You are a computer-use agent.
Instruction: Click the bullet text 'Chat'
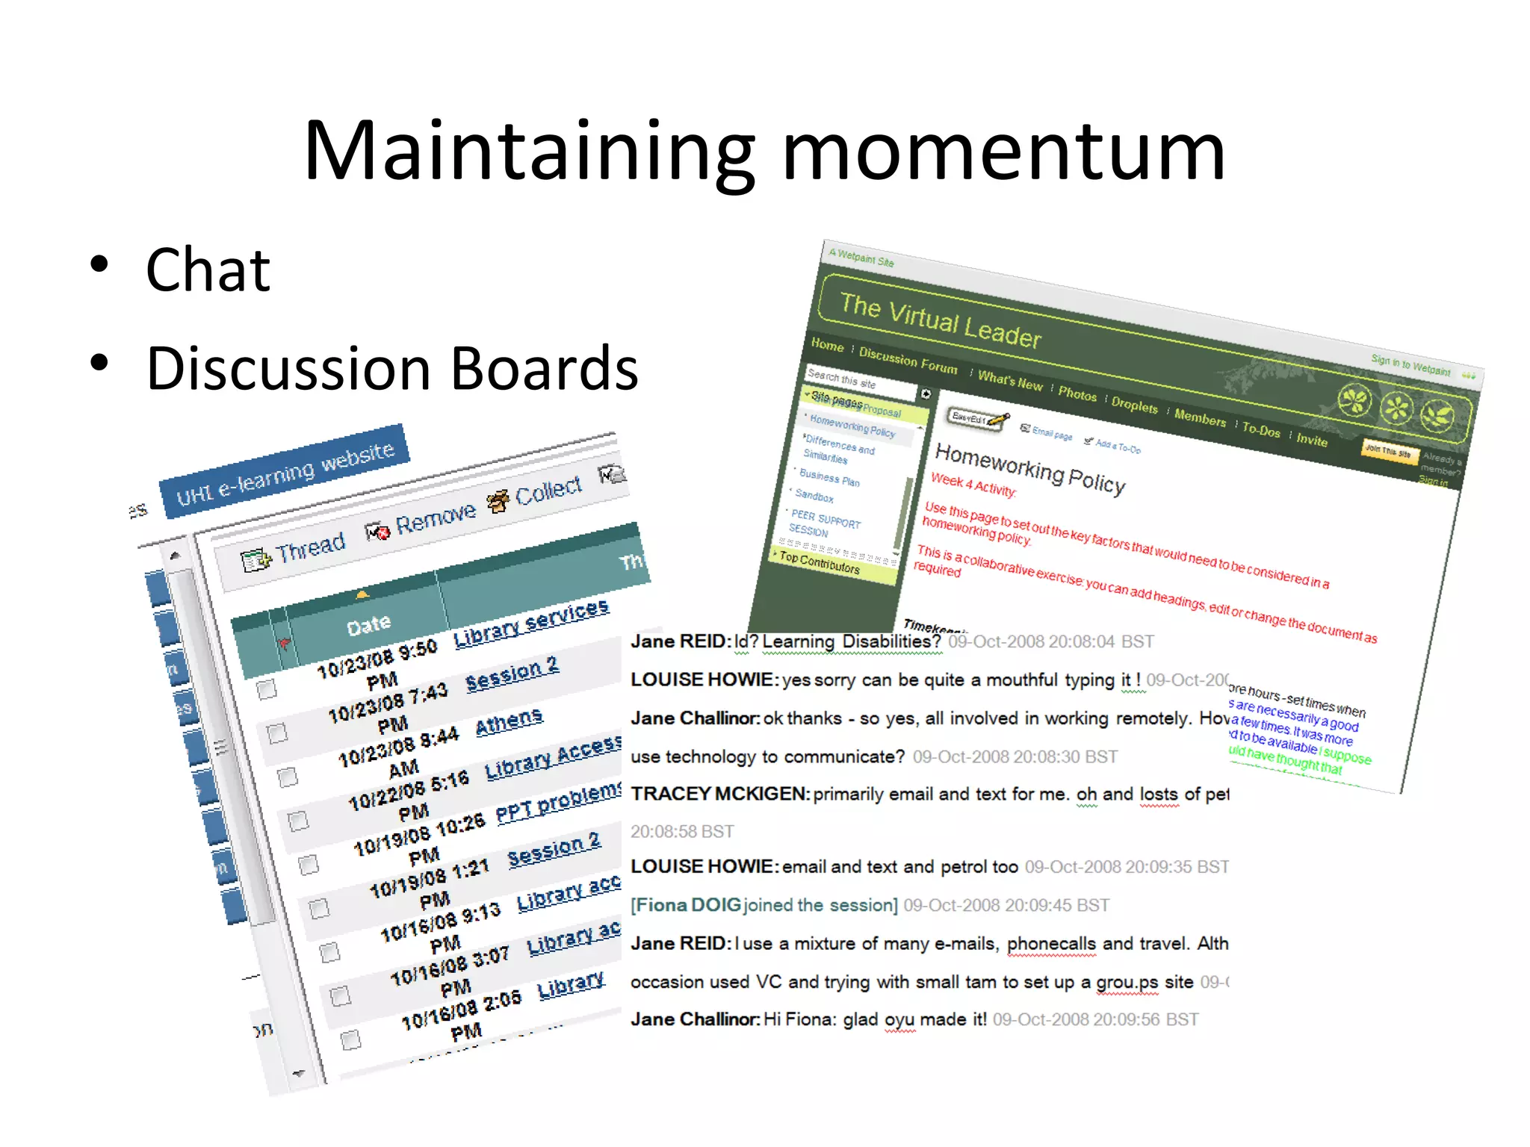point(208,270)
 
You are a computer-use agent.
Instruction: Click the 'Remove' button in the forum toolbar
point(435,517)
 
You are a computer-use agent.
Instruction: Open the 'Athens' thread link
point(509,721)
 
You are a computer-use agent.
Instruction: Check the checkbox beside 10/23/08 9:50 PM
point(267,688)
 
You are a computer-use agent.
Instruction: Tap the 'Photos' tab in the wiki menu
point(1077,394)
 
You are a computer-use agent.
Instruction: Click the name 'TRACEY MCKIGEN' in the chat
point(719,794)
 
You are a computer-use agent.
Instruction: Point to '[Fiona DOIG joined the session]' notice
point(764,906)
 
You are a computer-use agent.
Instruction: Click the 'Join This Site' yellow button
point(1387,451)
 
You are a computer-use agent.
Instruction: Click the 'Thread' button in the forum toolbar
point(309,548)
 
